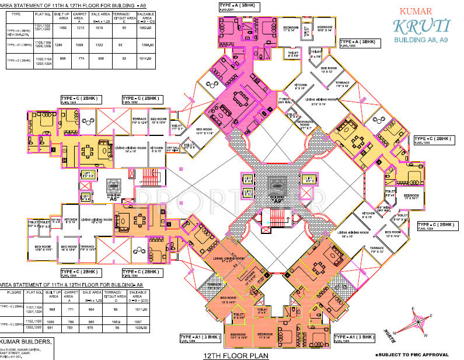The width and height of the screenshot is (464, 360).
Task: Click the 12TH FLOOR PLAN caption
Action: (231, 355)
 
